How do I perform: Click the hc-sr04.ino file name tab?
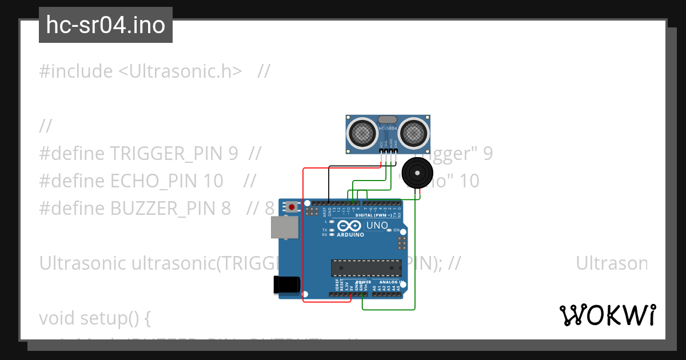pyautogui.click(x=106, y=25)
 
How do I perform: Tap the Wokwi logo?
pyautogui.click(x=607, y=315)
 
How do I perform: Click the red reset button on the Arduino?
pyautogui.click(x=292, y=206)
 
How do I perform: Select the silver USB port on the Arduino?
pyautogui.click(x=284, y=227)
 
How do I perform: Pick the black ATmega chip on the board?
pyautogui.click(x=365, y=267)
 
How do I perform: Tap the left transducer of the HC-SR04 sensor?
pyautogui.click(x=363, y=133)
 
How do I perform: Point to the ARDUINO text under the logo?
pyautogui.click(x=350, y=235)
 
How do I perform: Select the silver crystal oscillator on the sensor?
pyautogui.click(x=387, y=120)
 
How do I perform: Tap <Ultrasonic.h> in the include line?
pyautogui.click(x=180, y=71)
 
